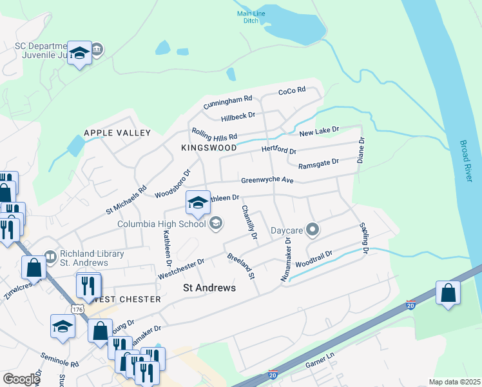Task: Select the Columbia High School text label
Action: click(x=161, y=224)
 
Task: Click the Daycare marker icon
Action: click(x=313, y=230)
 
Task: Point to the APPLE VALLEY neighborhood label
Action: click(x=117, y=133)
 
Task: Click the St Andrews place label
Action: click(x=209, y=288)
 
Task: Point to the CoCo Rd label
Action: click(x=291, y=91)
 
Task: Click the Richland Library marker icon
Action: click(x=50, y=257)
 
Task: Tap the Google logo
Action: click(x=21, y=379)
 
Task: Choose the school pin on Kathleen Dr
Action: click(x=198, y=203)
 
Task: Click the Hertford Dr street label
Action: click(x=278, y=151)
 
